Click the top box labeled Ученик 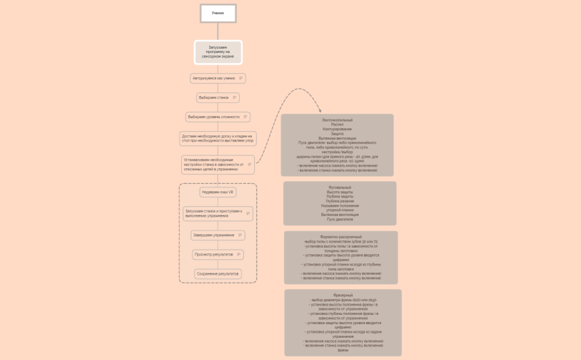(x=218, y=13)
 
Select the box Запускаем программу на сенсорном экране (x=218, y=52)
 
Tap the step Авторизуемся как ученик (x=214, y=78)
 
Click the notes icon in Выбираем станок (x=234, y=97)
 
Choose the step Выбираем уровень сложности (x=214, y=117)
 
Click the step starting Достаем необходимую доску (x=218, y=138)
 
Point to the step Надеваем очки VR (x=218, y=192)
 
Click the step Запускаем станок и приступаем (x=214, y=213)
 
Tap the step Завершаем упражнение (x=213, y=235)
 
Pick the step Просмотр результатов (x=214, y=254)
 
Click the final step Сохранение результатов (x=218, y=273)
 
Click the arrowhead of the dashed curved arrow (x=319, y=110)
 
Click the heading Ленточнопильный (x=337, y=120)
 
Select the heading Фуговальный (x=339, y=188)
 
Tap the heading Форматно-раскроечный (x=341, y=237)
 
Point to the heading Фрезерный (x=343, y=295)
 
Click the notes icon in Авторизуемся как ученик (x=240, y=78)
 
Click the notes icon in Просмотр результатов (x=238, y=254)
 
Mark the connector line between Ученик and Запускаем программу (x=218, y=31)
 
